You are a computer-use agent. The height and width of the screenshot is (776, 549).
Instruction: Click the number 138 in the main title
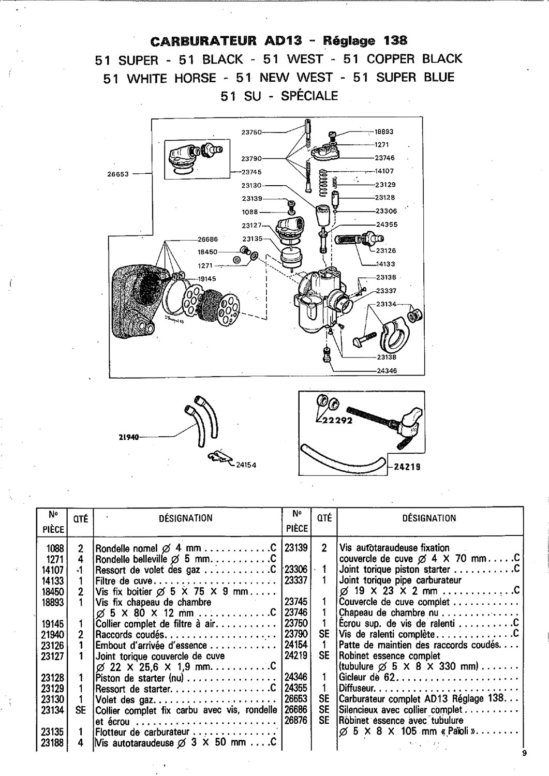click(x=396, y=41)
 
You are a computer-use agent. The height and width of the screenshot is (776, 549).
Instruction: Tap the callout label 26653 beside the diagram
click(x=118, y=174)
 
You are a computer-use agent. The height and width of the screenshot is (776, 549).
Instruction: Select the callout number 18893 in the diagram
click(x=384, y=131)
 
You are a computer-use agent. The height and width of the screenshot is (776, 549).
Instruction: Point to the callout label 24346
click(x=387, y=371)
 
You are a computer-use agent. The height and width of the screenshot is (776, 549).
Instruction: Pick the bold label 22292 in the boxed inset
click(x=337, y=421)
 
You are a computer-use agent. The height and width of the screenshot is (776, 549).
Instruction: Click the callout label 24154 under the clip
click(x=246, y=465)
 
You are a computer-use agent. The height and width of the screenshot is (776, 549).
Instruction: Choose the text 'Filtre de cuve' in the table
click(x=124, y=580)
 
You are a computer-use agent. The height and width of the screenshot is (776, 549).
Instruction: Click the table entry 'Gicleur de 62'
click(x=367, y=677)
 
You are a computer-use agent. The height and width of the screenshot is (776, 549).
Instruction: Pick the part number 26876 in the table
click(x=296, y=720)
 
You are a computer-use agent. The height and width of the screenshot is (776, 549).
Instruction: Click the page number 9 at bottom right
click(x=524, y=752)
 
